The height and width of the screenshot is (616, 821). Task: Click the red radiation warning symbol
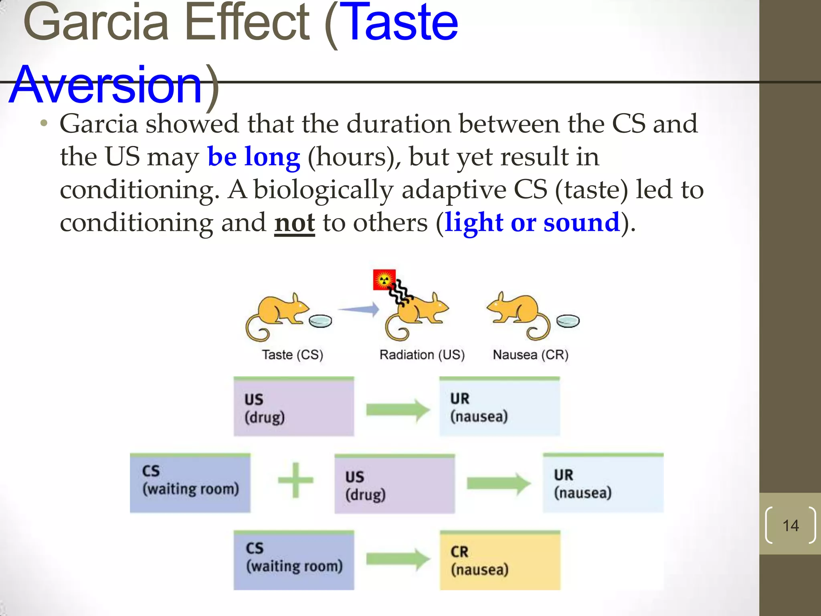[x=384, y=280]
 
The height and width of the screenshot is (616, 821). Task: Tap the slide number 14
[x=791, y=525]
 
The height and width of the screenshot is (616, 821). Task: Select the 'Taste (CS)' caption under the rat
[x=292, y=355]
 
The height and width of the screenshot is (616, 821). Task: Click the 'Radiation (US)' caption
[x=422, y=355]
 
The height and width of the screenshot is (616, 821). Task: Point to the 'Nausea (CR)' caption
[x=530, y=355]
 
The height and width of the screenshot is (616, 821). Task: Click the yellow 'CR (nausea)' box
[x=499, y=561]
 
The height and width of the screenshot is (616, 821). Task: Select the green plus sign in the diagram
[x=295, y=480]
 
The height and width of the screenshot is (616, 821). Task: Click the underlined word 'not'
[x=294, y=223]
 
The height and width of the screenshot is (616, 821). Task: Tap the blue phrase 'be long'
[x=253, y=157]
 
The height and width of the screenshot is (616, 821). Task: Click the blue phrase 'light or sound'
[x=532, y=223]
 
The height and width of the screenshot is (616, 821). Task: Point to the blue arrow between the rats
[x=359, y=309]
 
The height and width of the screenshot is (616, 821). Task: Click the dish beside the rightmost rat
[x=568, y=321]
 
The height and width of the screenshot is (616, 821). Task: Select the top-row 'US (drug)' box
[x=293, y=407]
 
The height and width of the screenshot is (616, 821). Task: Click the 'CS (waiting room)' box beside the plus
[x=190, y=483]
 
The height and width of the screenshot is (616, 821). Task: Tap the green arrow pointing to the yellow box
[x=398, y=559]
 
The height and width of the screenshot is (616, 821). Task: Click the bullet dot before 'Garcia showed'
[x=44, y=123]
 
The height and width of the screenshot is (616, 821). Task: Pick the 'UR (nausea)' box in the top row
[x=499, y=407]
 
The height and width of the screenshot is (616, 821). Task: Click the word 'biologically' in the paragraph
[x=323, y=190]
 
